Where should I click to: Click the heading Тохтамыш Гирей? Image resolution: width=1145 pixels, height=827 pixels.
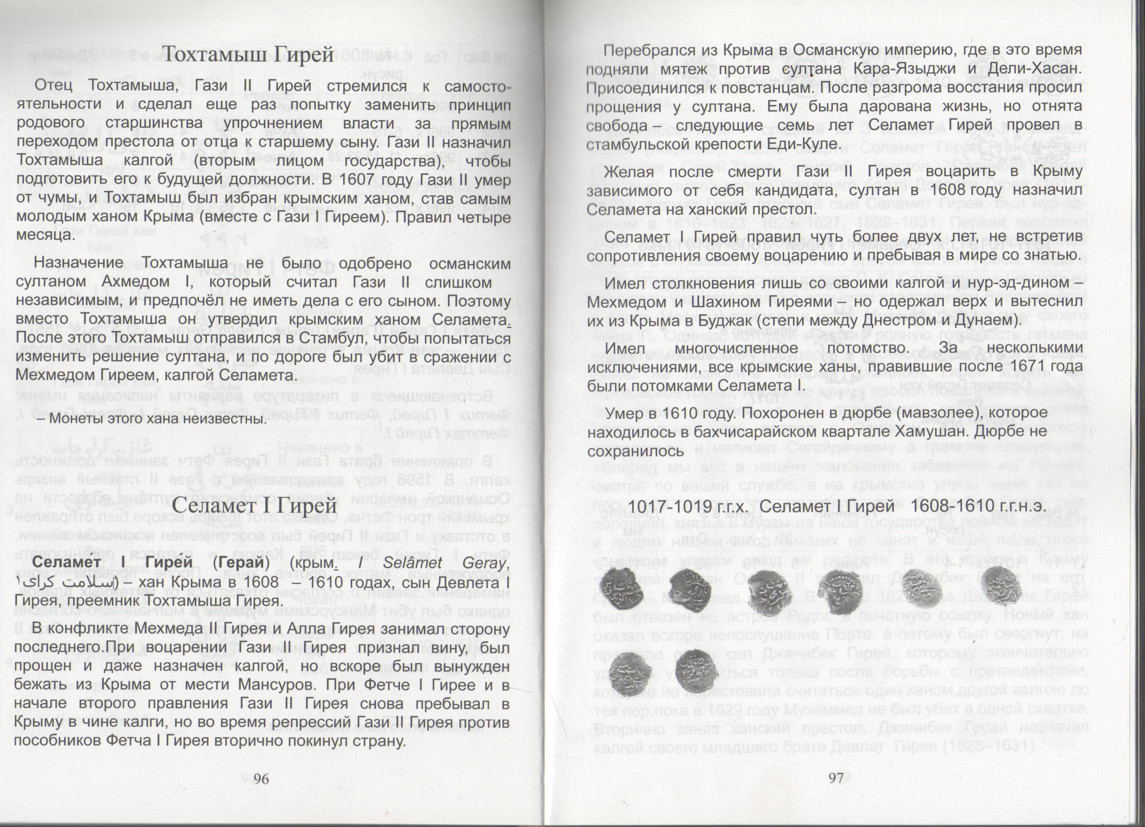(249, 54)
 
